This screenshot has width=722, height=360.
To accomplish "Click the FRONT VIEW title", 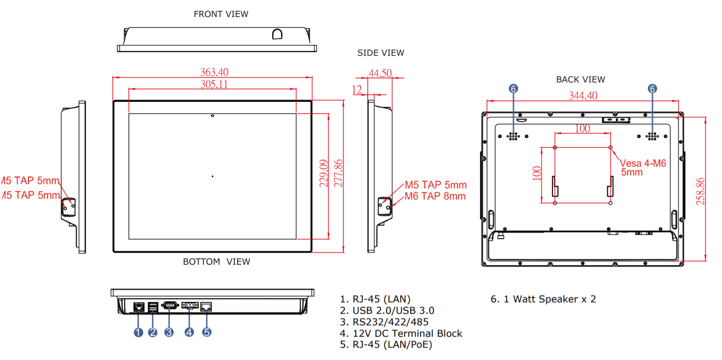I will click(221, 14).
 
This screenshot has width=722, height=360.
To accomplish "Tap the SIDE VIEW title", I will click(380, 53).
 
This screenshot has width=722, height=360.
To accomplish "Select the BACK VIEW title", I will click(580, 79).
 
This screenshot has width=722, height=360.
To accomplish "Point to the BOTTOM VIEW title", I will click(216, 261).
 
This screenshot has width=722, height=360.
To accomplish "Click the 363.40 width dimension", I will click(214, 72).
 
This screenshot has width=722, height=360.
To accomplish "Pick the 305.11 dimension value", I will click(214, 84).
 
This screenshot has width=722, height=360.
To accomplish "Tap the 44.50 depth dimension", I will click(380, 73).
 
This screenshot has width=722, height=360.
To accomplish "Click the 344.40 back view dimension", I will click(583, 95).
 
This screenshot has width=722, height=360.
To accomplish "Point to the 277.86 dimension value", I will click(338, 173).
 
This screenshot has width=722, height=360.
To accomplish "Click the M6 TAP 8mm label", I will click(435, 196).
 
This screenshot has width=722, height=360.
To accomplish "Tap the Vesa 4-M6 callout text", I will click(643, 163).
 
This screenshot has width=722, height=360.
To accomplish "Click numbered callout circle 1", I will click(138, 332).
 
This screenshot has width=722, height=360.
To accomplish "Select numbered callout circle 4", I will click(189, 332).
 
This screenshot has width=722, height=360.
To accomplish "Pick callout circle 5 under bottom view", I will click(207, 332).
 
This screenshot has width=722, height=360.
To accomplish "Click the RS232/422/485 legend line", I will click(384, 322).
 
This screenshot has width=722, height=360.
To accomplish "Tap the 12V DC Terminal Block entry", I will click(401, 333).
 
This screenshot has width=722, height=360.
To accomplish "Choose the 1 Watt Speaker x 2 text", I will click(543, 299).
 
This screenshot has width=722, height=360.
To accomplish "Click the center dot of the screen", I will click(212, 176).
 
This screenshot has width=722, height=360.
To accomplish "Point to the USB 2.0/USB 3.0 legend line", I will click(387, 310).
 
